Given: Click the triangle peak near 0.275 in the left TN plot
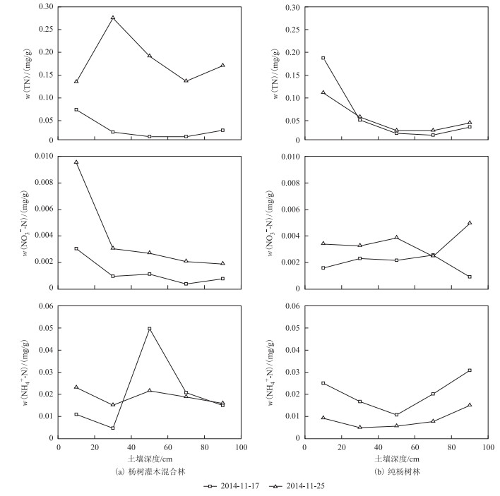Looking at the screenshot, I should pos(113,18).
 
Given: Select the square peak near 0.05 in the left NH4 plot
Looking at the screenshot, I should pos(150,329).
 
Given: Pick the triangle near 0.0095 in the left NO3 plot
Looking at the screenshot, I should pos(76,162).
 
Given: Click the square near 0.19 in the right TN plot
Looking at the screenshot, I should pos(323,58).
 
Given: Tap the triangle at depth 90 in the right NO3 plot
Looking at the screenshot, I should pos(470,223).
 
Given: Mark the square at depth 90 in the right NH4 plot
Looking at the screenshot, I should pos(470,370).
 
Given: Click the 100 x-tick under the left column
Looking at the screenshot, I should pos(241,447).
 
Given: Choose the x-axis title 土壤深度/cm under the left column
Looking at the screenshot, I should pos(149,458).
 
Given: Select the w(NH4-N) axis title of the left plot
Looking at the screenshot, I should pos(28,372).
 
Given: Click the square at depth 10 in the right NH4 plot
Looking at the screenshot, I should pos(323,383).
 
